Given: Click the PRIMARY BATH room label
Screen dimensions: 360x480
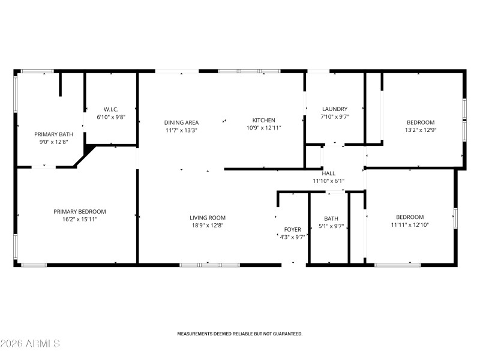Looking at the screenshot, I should coord(50,134).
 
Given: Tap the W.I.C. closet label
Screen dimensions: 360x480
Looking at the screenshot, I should coord(111,109).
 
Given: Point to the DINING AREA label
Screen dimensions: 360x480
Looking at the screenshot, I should coord(182,122).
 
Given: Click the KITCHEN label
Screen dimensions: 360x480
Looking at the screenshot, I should coord(263,120).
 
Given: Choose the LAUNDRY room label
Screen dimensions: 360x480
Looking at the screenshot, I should coord(335,109).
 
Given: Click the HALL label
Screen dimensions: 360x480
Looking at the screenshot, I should coord(328,173).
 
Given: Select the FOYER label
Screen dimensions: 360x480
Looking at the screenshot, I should coord(293,230).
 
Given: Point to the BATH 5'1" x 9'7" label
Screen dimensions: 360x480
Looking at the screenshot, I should coord(331,218).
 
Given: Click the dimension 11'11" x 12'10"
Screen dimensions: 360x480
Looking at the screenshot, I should coord(410,225).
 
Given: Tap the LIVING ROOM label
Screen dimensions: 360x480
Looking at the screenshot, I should coord(208,218).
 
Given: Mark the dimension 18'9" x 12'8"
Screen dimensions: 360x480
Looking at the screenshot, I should coord(208,226).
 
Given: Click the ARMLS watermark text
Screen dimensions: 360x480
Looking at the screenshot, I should coord(30,344).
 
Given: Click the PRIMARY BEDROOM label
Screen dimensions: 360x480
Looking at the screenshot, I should coord(80,212).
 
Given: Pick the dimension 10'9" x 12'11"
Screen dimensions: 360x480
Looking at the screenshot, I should coord(263,128).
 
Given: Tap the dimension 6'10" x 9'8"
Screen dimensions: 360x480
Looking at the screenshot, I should coord(111,117).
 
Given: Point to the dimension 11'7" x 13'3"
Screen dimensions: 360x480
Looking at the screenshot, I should coord(182,130).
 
